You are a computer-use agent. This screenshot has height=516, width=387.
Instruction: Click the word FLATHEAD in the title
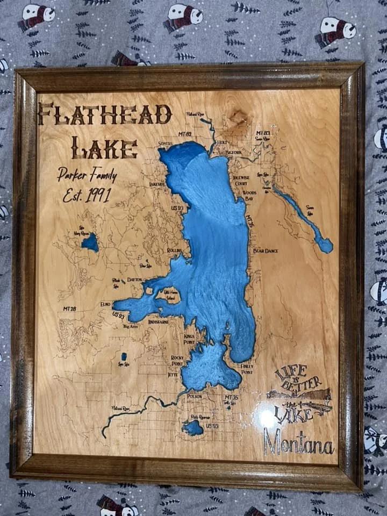tap(105, 114)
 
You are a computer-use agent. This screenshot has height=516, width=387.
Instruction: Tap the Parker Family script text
tap(87, 174)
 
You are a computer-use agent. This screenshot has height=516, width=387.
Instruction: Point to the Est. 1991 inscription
tap(87, 194)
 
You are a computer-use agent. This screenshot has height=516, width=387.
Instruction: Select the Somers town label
tap(166, 144)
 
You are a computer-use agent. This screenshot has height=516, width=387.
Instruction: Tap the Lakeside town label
tap(157, 184)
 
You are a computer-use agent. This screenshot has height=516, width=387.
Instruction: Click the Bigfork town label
tap(234, 152)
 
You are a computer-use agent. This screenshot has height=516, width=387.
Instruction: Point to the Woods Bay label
tap(249, 196)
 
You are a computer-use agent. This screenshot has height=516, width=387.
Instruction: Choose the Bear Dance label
tap(265, 250)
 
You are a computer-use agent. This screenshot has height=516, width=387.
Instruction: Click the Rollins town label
tap(174, 250)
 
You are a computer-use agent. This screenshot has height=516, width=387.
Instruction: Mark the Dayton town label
tap(135, 280)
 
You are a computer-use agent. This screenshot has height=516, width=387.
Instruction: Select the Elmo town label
tap(105, 304)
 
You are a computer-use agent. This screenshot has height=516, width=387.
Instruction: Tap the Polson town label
tap(194, 396)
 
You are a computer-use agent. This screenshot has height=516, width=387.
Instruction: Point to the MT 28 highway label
tap(69, 309)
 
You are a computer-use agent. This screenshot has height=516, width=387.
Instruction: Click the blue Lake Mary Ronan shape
tap(90, 242)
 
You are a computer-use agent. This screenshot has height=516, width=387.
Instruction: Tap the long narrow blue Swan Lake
tap(304, 217)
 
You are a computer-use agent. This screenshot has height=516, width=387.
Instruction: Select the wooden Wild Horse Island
tap(168, 296)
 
